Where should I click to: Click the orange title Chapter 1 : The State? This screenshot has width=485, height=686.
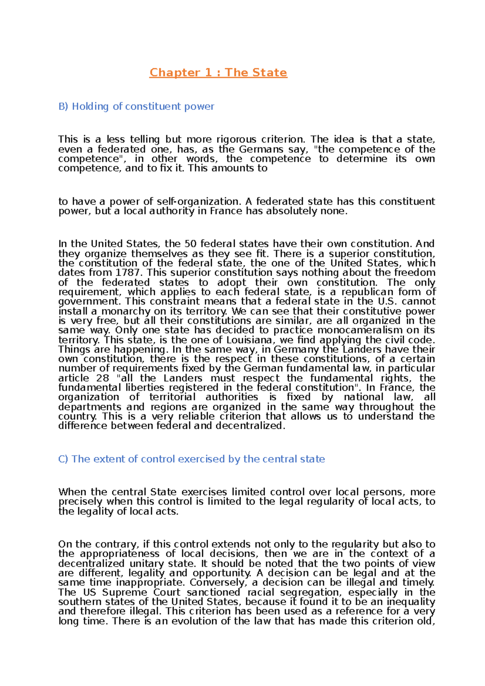point(218,73)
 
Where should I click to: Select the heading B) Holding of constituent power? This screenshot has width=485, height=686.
point(136,106)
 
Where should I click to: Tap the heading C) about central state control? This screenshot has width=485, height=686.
point(192,459)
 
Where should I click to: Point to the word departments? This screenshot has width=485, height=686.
point(89,407)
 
